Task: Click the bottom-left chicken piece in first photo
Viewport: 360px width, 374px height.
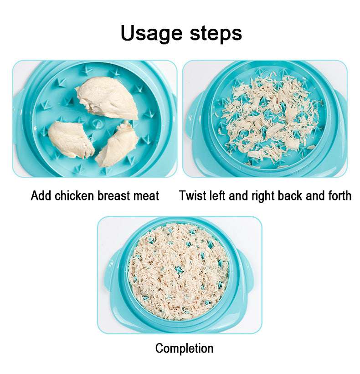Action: coord(71,139)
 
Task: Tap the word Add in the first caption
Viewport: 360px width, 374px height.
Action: coord(41,196)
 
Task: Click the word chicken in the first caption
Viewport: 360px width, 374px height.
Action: coord(75,196)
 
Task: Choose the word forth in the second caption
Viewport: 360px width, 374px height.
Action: coord(339,196)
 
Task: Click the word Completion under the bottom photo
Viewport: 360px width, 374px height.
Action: coord(184,348)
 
